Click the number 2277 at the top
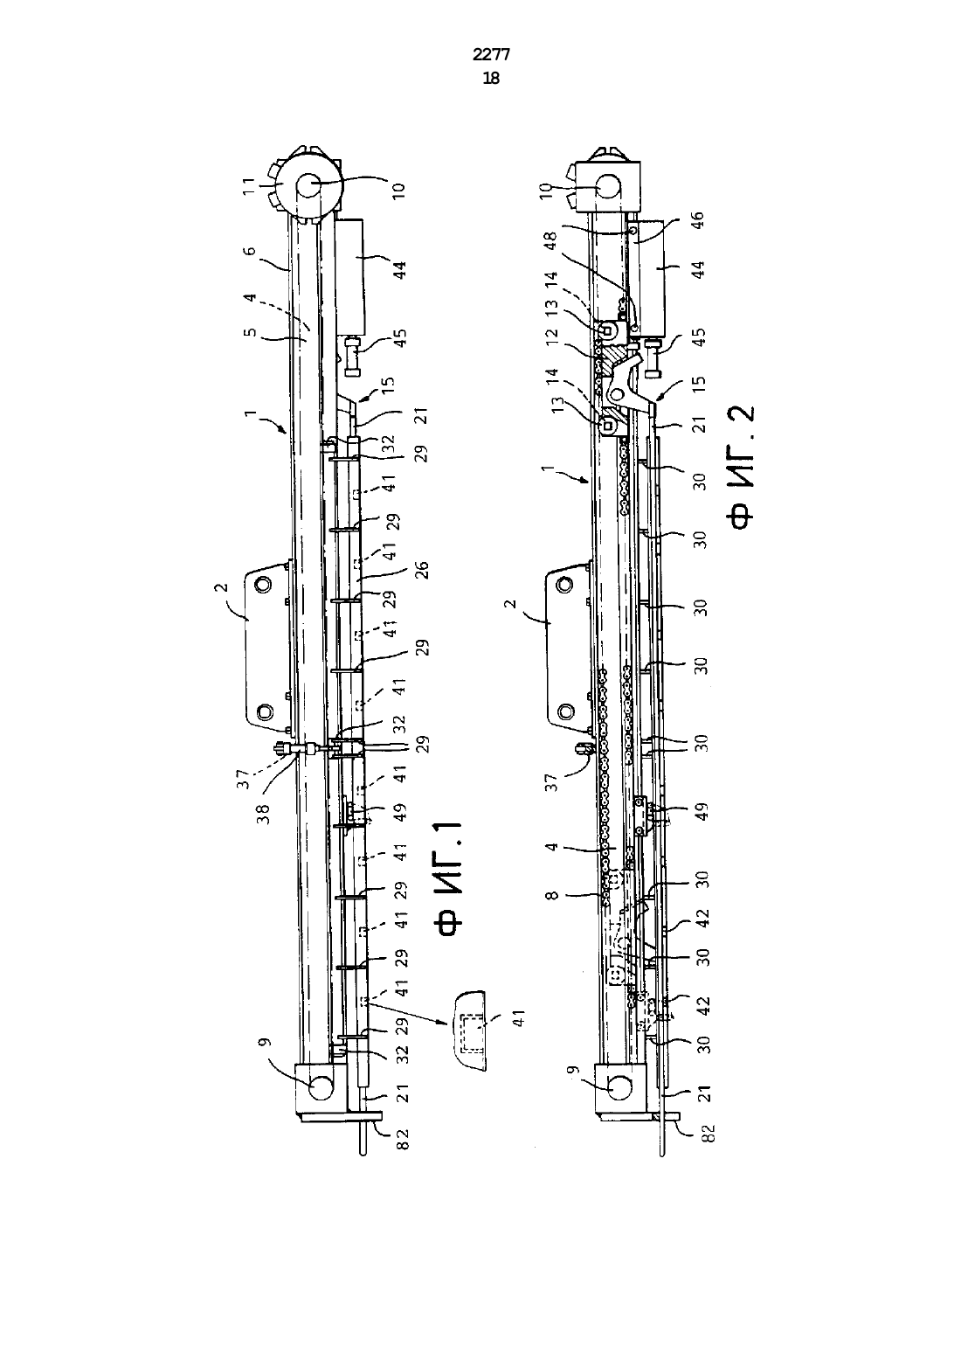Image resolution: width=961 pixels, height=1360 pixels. click(x=491, y=55)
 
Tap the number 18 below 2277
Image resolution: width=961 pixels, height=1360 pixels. click(x=491, y=79)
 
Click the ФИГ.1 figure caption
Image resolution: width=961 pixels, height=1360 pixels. click(x=450, y=878)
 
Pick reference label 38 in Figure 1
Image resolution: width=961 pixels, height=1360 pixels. click(x=263, y=814)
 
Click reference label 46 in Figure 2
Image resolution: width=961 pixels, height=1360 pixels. click(x=696, y=220)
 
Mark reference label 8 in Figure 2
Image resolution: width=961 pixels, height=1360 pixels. click(x=551, y=895)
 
